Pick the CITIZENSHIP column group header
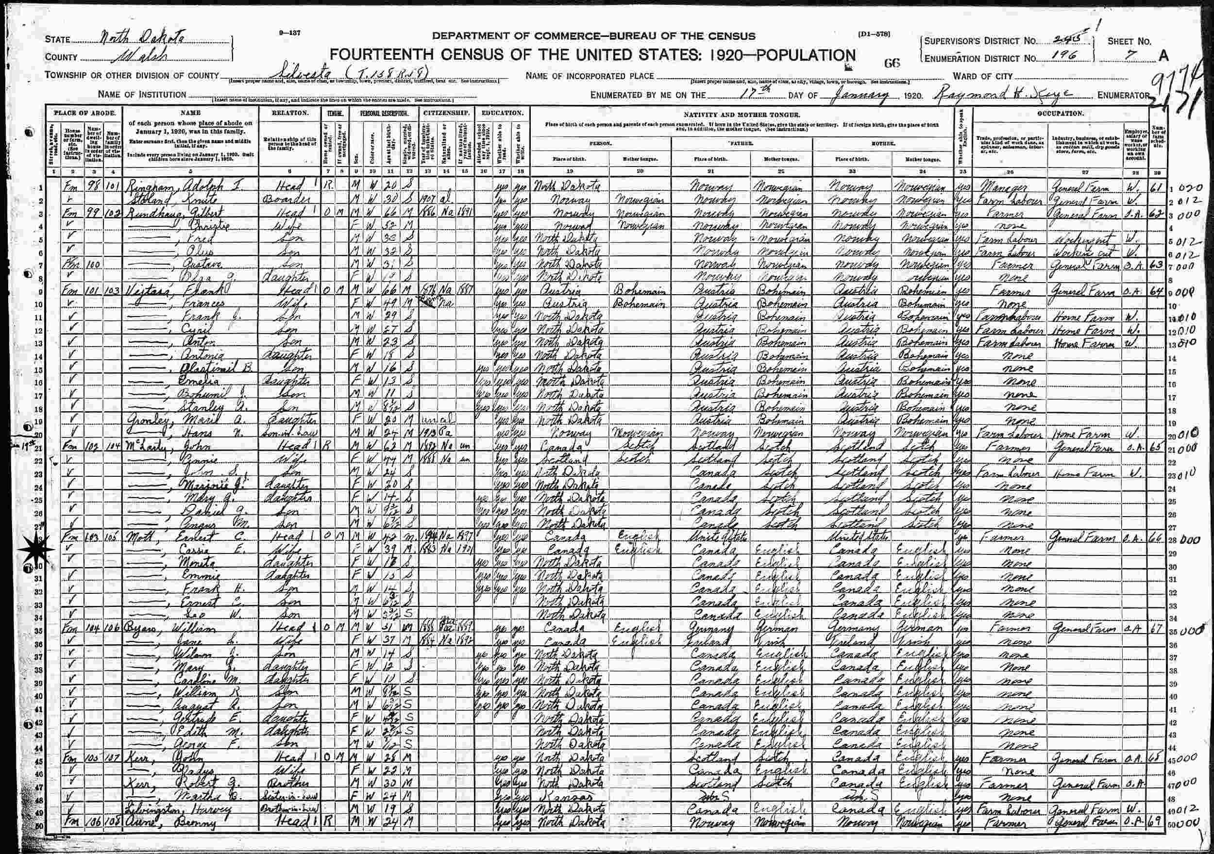coord(446,113)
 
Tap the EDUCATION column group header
coord(502,113)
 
